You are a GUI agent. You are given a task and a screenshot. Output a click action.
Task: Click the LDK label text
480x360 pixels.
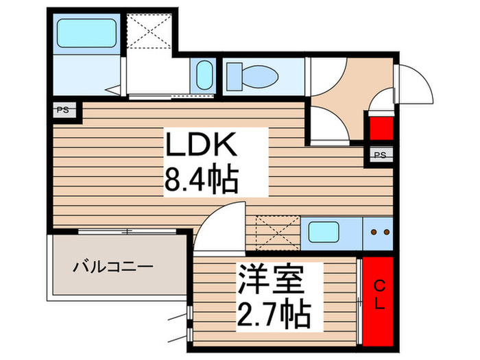click(201, 147)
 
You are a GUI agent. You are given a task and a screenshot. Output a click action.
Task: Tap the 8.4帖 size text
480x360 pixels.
click(201, 180)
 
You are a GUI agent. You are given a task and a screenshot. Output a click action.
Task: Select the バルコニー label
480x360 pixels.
click(115, 266)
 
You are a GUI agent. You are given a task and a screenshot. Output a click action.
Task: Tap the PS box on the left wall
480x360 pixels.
click(63, 110)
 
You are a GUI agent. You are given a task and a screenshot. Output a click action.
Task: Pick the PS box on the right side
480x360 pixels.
click(381, 155)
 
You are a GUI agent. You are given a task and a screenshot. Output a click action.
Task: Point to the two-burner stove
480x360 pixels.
click(379, 232)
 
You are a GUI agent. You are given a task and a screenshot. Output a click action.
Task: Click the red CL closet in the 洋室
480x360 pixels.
click(378, 302)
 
